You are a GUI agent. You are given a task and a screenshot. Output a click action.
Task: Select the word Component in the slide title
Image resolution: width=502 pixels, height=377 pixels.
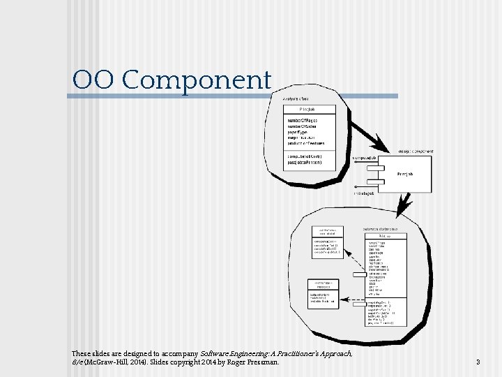[196, 81]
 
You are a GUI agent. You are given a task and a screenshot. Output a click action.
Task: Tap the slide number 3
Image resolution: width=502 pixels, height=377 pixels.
[478, 362]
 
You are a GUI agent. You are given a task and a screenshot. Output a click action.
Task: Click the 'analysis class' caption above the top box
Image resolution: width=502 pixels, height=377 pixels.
[296, 99]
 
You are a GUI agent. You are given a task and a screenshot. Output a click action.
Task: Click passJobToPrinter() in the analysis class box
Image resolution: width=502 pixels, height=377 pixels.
[305, 163]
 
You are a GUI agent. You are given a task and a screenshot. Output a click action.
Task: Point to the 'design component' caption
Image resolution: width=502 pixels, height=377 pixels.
[416, 151]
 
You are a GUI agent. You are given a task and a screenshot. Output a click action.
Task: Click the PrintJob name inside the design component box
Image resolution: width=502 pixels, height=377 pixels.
[404, 174]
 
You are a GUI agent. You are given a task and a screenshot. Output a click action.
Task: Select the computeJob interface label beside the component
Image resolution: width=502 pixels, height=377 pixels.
[365, 158]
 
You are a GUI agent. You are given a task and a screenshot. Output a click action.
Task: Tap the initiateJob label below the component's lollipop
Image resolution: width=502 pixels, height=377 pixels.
[364, 193]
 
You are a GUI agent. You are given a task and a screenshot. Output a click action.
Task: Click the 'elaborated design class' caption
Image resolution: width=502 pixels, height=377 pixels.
[381, 228]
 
